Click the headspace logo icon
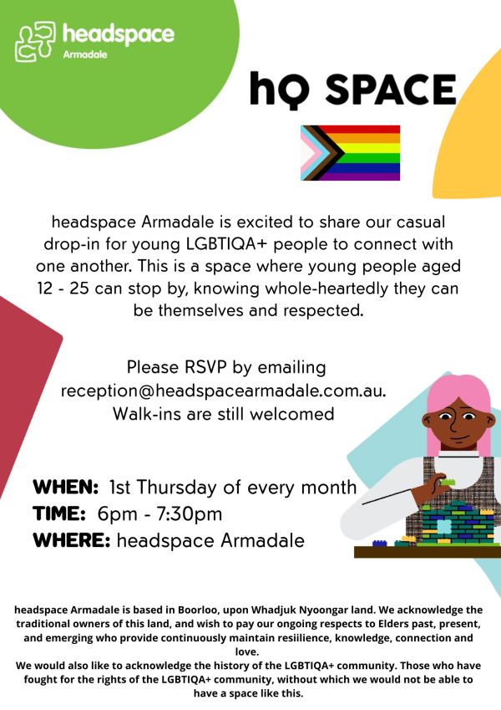pyautogui.click(x=35, y=41)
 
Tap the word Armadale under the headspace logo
pyautogui.click(x=85, y=54)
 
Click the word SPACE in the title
pyautogui.click(x=391, y=89)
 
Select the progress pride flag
pyautogui.click(x=351, y=153)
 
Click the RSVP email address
pyautogui.click(x=224, y=391)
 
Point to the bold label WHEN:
pyautogui.click(x=66, y=488)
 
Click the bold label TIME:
pyautogui.click(x=59, y=514)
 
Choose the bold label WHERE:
pyautogui.click(x=72, y=540)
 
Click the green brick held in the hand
pyautogui.click(x=448, y=483)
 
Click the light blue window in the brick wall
pyautogui.click(x=444, y=526)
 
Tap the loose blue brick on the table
pyautogui.click(x=380, y=543)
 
